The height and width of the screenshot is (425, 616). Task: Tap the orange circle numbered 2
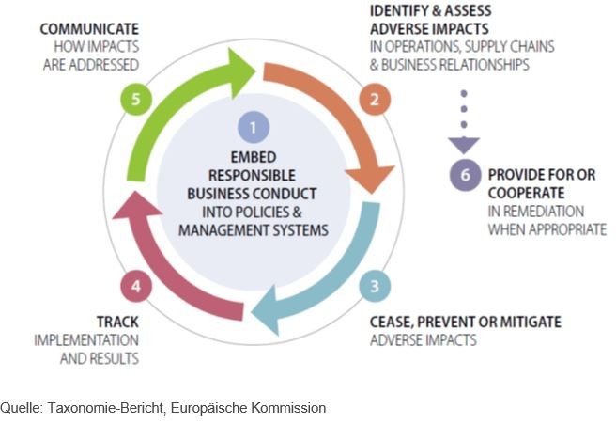374,98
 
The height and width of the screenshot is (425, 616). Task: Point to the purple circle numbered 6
464,175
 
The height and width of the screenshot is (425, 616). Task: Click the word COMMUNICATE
89,29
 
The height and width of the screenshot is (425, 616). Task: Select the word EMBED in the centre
251,157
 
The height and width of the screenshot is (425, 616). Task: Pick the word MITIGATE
527,322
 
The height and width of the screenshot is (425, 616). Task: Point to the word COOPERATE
528,193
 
